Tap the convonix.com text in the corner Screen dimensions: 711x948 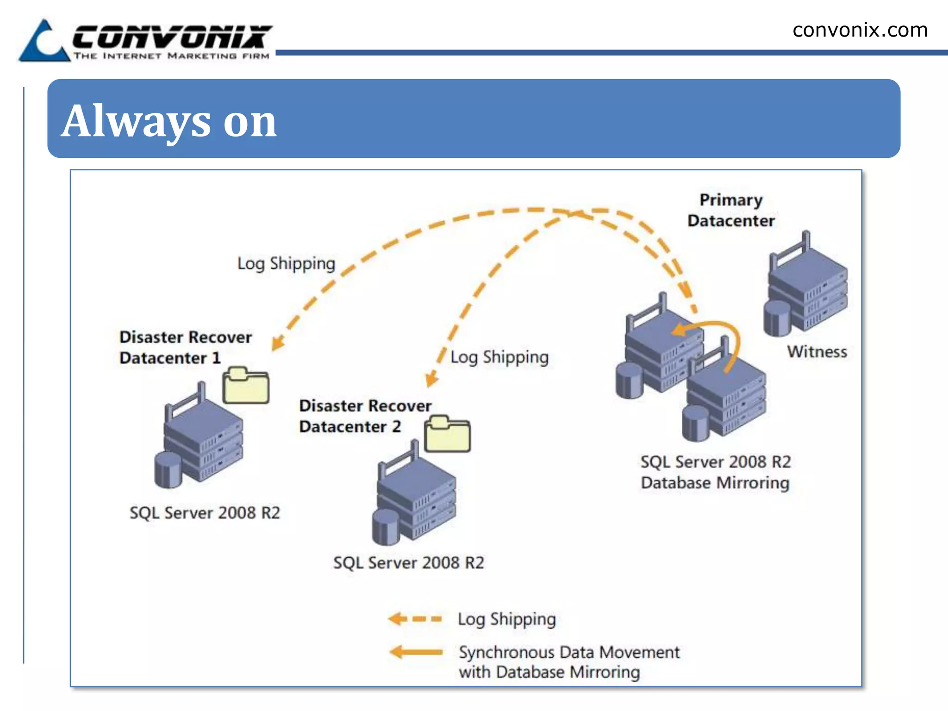point(860,31)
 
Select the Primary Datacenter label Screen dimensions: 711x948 point(731,210)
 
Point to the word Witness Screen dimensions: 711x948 point(817,352)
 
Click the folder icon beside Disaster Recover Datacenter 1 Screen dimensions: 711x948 point(246,385)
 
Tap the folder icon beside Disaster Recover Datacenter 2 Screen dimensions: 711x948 point(448,434)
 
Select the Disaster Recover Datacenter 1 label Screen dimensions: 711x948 point(185,347)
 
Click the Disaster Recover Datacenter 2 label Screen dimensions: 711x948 point(365,416)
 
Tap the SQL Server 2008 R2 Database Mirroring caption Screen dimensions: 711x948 point(716,472)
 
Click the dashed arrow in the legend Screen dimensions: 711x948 point(415,619)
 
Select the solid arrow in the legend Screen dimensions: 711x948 point(416,652)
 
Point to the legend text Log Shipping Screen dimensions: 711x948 point(507,619)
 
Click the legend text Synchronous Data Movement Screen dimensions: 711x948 point(569,653)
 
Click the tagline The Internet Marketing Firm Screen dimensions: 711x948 point(171,56)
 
